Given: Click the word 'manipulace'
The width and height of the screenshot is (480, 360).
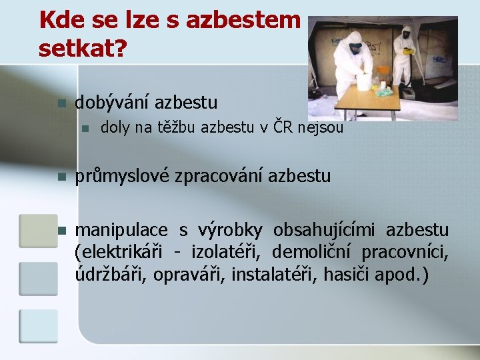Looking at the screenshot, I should coord(121,230).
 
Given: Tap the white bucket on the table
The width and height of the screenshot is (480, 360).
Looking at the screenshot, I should coord(363,81).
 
